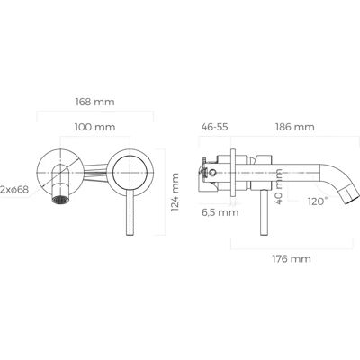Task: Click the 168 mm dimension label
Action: click(94, 102)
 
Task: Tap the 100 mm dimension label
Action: click(94, 127)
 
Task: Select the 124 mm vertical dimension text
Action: click(175, 193)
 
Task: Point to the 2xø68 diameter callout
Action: click(14, 190)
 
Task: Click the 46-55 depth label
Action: click(214, 127)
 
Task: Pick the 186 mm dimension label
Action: click(295, 127)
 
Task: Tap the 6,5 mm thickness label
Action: click(220, 212)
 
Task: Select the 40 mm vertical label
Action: click(279, 186)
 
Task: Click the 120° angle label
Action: click(317, 201)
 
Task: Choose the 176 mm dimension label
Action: click(292, 258)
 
